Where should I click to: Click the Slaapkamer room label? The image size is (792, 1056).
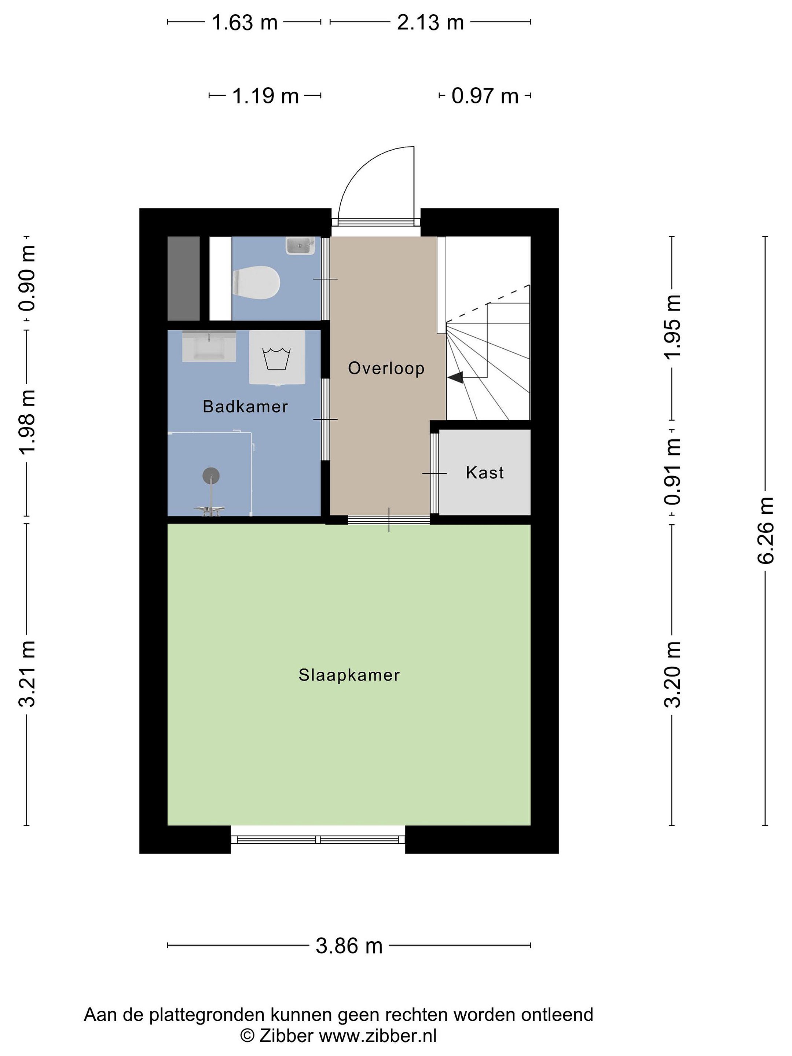tap(349, 675)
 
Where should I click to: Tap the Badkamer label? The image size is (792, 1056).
tap(245, 406)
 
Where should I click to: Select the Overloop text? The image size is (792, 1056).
tap(386, 368)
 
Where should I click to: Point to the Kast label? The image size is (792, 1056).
tap(485, 473)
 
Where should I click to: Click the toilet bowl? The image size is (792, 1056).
tap(256, 283)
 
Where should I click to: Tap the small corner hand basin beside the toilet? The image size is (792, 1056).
tap(301, 246)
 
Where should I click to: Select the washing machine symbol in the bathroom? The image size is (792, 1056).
tap(277, 358)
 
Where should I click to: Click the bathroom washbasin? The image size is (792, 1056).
tap(209, 346)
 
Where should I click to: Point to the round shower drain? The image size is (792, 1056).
tap(211, 476)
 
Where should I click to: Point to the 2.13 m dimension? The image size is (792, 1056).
tap(430, 22)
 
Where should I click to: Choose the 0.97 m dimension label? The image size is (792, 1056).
tap(485, 96)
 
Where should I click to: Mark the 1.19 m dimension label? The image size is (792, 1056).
tap(265, 96)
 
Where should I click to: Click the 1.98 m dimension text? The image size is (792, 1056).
tap(27, 422)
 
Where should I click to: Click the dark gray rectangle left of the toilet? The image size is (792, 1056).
tap(184, 278)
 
